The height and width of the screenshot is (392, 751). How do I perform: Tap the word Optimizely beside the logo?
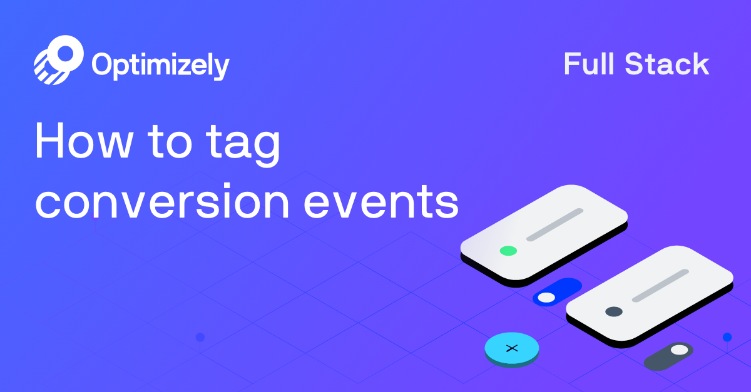click(160, 65)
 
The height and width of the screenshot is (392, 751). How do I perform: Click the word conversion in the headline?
click(161, 201)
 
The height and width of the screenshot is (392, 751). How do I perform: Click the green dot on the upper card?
click(508, 251)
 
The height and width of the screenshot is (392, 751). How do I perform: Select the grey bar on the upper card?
click(554, 224)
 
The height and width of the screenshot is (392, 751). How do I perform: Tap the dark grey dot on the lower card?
click(614, 311)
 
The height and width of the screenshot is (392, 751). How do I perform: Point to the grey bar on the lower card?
click(660, 286)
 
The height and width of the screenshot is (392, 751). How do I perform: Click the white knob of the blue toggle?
click(546, 298)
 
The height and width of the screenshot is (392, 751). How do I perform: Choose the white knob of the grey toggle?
click(679, 349)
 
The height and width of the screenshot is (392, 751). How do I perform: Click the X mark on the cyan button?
click(512, 348)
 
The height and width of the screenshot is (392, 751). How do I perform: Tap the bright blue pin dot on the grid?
click(727, 337)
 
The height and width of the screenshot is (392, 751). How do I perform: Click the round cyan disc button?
click(512, 349)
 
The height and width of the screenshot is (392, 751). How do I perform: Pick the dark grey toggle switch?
click(668, 355)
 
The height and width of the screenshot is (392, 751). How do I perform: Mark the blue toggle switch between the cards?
click(557, 292)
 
